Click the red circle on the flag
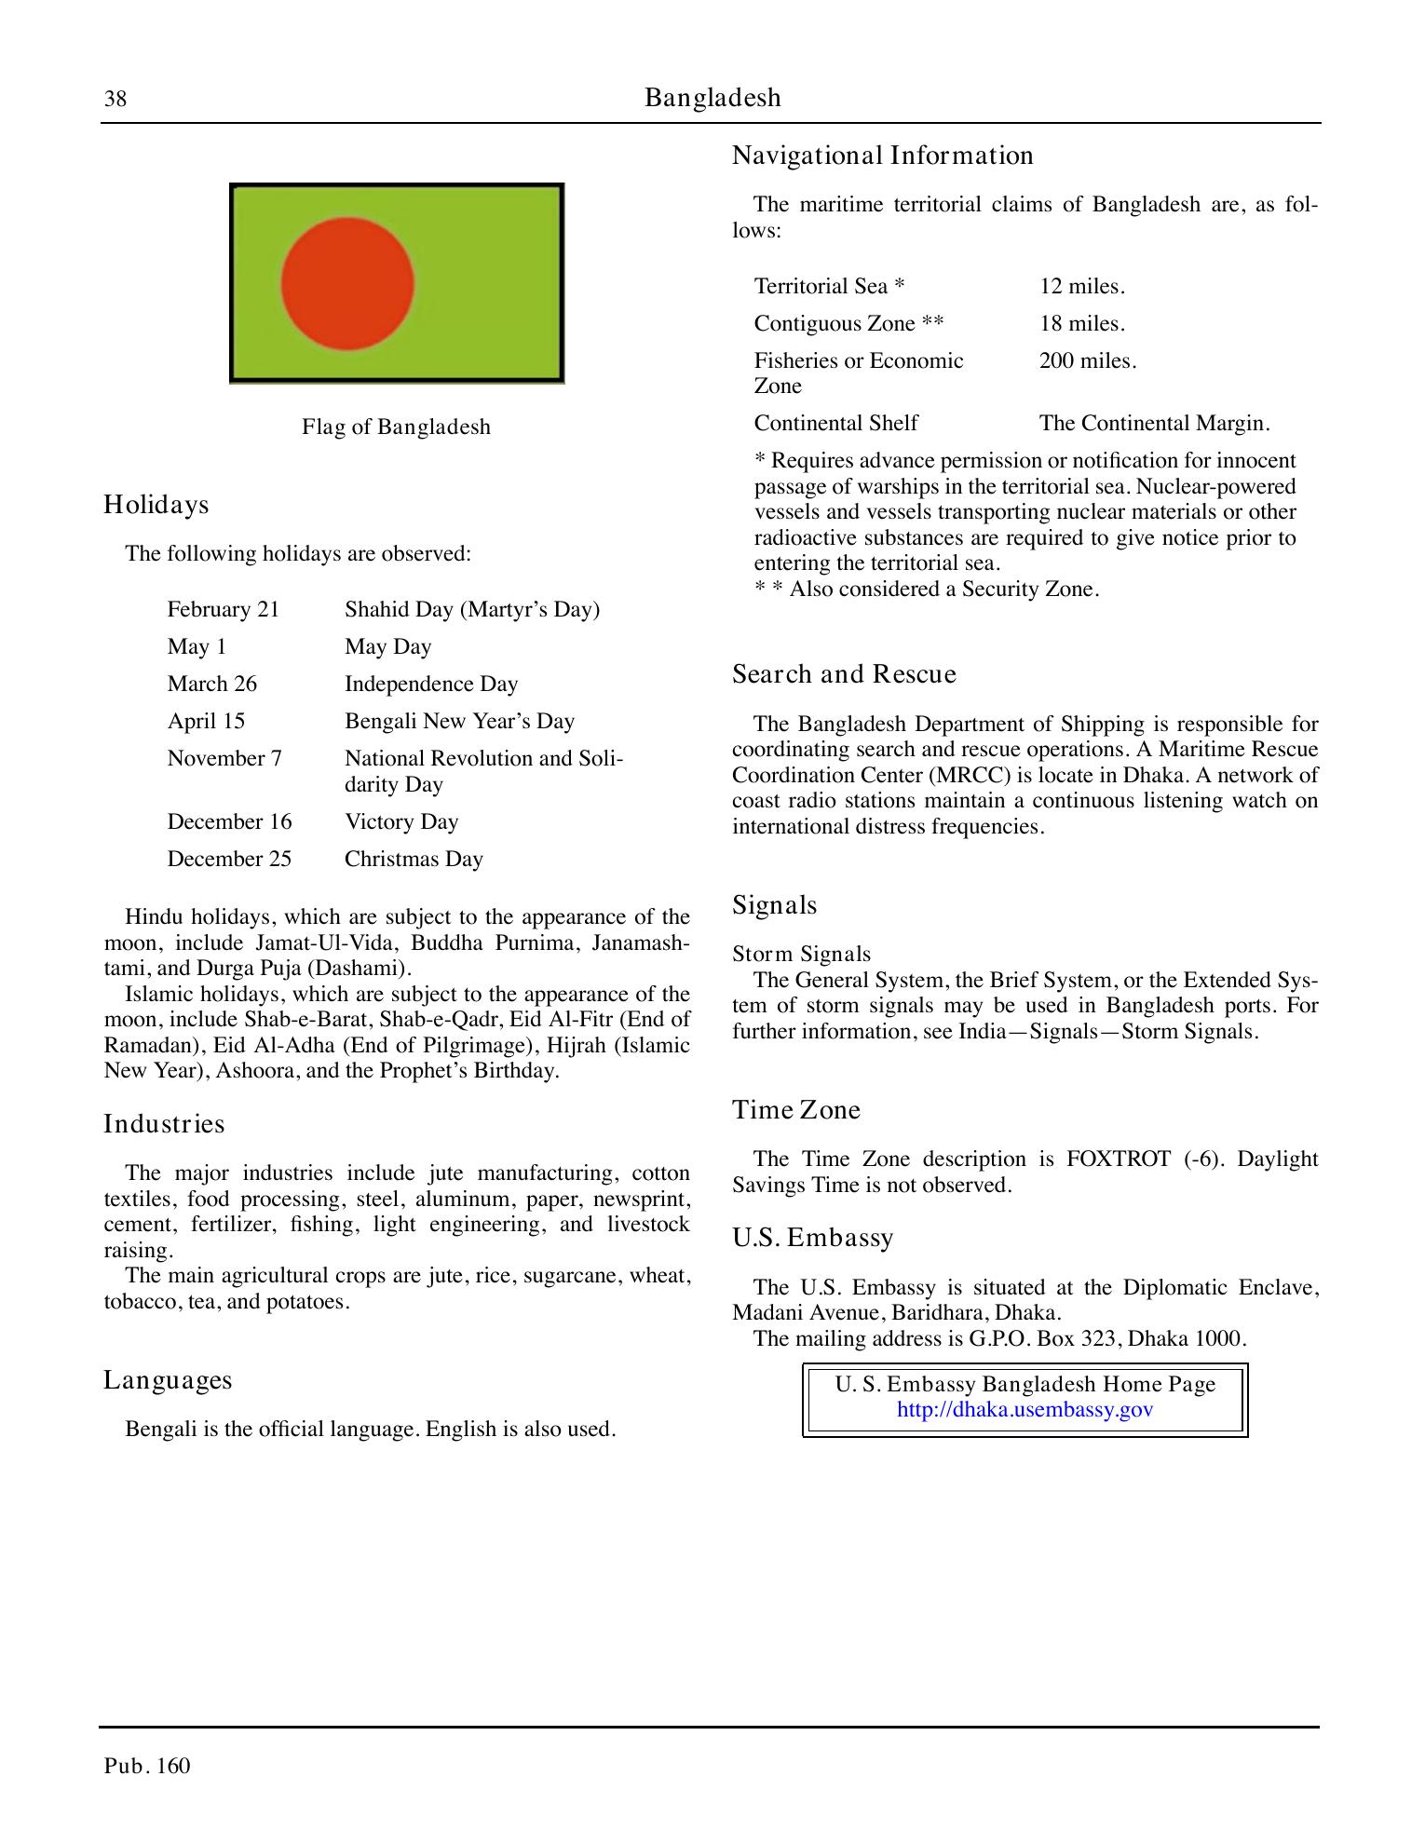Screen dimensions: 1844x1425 347,283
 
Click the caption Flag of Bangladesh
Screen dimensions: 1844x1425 396,427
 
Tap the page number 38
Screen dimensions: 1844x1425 115,100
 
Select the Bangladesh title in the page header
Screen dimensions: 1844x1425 712,98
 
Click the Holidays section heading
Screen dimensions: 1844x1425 156,505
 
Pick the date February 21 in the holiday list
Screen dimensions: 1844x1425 223,610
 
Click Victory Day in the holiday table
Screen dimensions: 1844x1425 401,822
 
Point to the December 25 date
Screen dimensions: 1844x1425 229,860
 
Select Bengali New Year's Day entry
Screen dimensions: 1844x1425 459,722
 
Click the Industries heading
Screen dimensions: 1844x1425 164,1124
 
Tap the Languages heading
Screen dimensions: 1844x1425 168,1380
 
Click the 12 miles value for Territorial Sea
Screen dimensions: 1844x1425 1081,287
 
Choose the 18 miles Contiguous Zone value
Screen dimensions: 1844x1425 1081,324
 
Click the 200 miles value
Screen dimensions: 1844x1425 1087,361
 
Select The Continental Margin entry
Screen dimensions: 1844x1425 1154,424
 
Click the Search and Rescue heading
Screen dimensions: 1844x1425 844,674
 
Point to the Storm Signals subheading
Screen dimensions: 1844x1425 801,955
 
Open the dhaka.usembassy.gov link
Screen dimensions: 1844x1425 1025,1410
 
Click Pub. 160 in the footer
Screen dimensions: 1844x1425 147,1767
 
